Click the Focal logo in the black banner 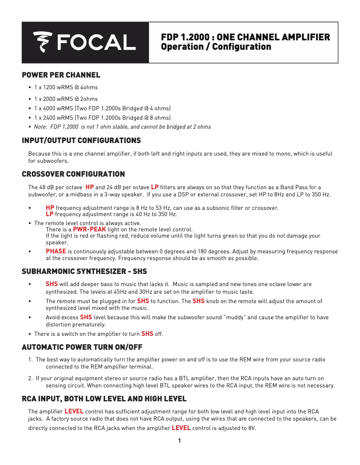coord(84,42)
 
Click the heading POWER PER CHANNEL coord(61,75)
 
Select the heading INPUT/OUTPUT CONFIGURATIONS coord(81,141)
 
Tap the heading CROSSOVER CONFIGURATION coord(73,174)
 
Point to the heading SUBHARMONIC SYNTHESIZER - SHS coord(84,272)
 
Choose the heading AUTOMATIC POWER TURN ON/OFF coord(82,348)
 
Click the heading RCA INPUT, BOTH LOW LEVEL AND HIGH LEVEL coord(104,399)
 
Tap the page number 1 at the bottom coord(180,441)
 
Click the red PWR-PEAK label coord(89,229)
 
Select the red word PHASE coord(56,251)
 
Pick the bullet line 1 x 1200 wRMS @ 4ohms coord(66,87)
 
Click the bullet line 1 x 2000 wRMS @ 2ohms coord(66,99)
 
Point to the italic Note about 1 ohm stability coord(122,127)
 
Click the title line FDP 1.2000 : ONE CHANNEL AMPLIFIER coord(246,37)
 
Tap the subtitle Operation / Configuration coord(216,47)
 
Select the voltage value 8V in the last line coord(252,428)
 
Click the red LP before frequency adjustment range coord(49,214)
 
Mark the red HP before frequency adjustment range coord(50,208)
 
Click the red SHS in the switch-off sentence coord(147,334)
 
